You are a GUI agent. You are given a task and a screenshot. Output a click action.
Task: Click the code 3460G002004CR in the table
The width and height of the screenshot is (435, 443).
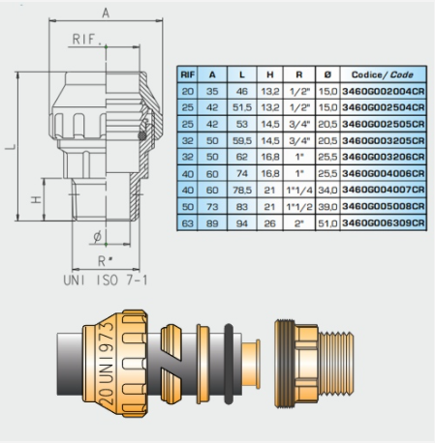[384, 91]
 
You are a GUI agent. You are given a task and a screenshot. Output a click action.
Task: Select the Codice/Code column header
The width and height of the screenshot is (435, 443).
[383, 74]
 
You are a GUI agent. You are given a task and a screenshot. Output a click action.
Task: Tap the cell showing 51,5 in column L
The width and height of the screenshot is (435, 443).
[242, 107]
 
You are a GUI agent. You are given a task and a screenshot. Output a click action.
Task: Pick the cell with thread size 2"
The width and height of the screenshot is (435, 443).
[299, 223]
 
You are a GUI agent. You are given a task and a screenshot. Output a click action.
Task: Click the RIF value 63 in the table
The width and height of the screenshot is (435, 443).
[187, 223]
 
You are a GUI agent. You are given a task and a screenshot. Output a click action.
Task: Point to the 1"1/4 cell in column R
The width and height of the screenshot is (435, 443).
[299, 191]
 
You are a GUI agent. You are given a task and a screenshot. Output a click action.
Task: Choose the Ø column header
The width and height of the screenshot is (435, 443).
[327, 74]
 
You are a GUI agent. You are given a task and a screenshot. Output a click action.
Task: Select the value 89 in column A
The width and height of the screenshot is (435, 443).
[212, 223]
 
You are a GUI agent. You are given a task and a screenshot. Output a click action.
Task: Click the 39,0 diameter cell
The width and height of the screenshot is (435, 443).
[327, 207]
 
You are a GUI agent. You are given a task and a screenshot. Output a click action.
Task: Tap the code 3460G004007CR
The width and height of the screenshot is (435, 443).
[384, 190]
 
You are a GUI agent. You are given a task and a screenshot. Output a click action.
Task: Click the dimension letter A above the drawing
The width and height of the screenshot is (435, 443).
[106, 14]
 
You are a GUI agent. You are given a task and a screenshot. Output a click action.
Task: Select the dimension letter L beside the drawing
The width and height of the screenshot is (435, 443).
[11, 147]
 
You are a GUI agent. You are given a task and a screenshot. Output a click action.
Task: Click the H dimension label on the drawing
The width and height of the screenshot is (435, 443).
[36, 199]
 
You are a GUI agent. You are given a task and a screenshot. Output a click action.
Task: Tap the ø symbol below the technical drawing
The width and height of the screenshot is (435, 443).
[97, 237]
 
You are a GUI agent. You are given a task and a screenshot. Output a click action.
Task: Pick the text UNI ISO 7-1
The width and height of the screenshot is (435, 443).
[106, 281]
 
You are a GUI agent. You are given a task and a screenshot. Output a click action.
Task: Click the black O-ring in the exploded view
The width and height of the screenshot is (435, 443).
[229, 364]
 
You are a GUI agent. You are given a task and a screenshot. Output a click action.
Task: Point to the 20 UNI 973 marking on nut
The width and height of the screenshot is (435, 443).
[107, 364]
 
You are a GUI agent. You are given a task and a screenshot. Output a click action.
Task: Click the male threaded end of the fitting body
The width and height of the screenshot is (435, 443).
[336, 364]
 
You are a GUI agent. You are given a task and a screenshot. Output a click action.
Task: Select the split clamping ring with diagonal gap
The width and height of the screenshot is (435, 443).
[171, 364]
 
